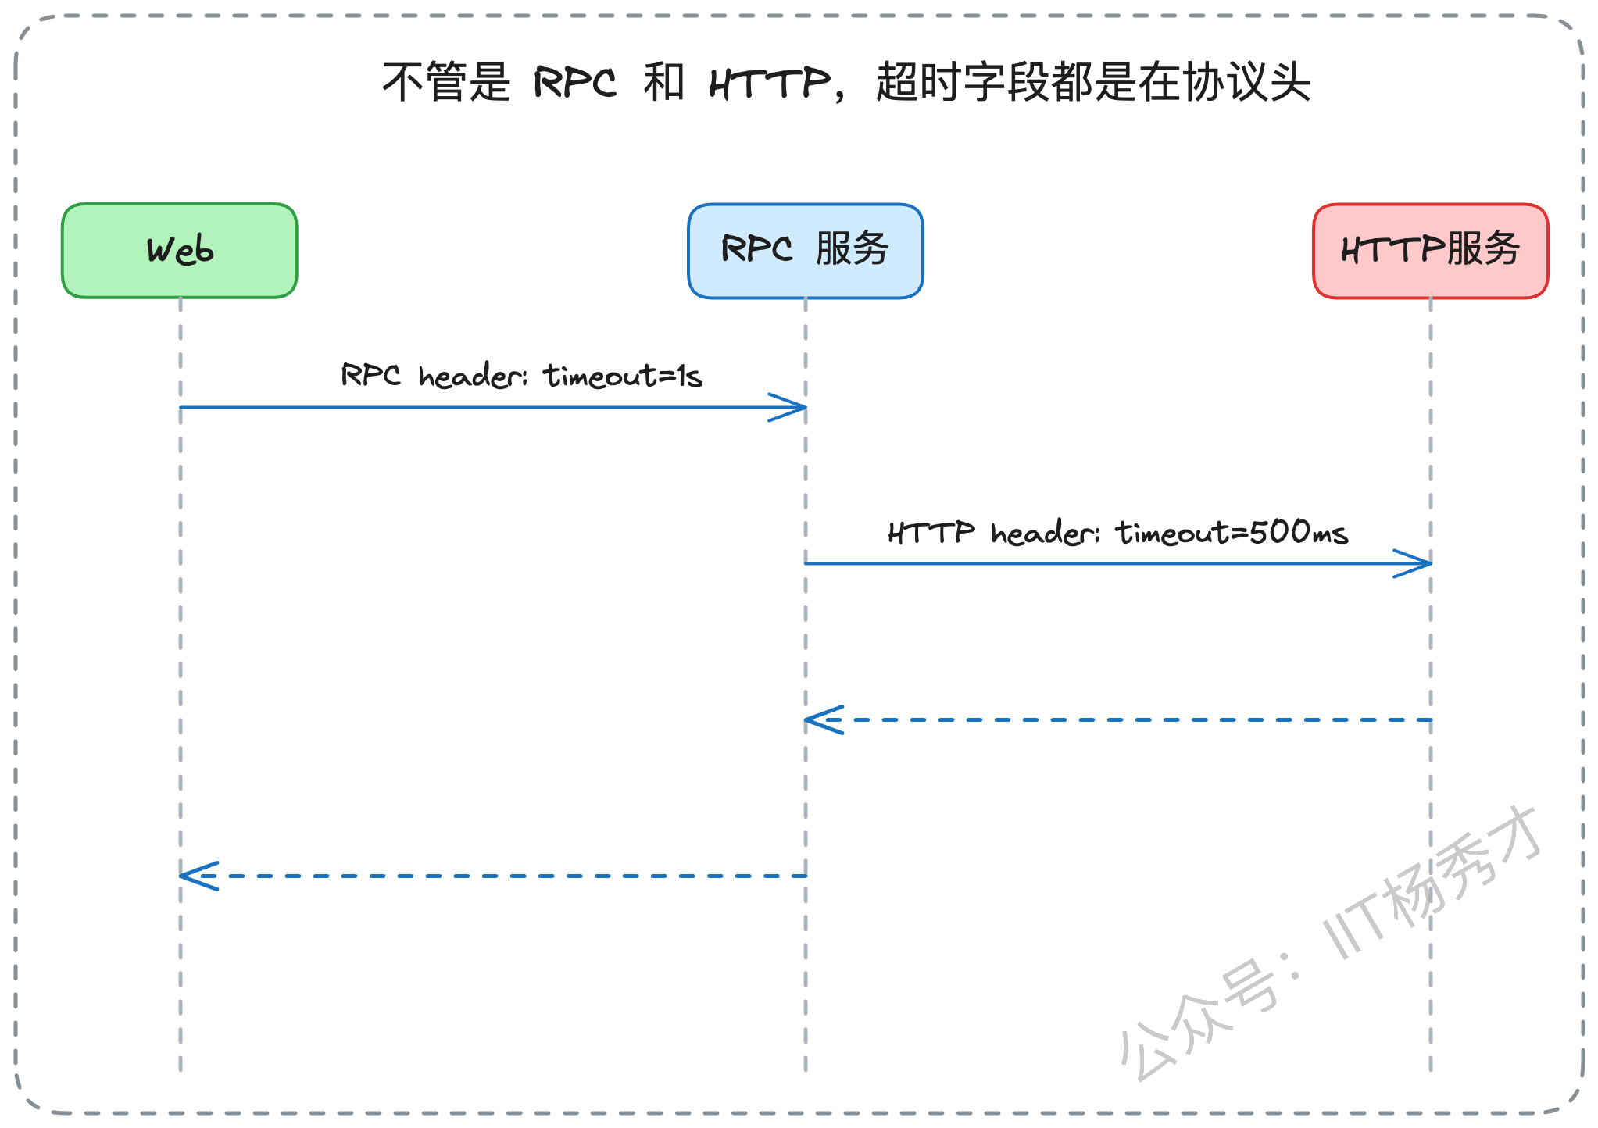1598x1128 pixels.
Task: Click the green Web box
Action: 180,251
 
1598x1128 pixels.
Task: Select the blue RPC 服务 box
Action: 806,251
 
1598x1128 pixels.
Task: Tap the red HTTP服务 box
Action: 1431,251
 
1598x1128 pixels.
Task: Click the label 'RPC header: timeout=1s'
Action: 521,376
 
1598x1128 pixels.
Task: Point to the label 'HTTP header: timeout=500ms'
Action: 1118,533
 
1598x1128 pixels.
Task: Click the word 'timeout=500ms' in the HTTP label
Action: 1232,533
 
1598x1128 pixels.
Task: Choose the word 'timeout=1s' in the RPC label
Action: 623,376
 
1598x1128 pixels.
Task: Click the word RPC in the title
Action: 575,82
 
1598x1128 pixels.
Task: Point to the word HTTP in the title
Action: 770,83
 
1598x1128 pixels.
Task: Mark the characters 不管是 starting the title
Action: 446,82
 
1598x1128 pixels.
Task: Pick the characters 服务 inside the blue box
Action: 853,249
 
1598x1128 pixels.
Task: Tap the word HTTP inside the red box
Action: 1392,250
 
